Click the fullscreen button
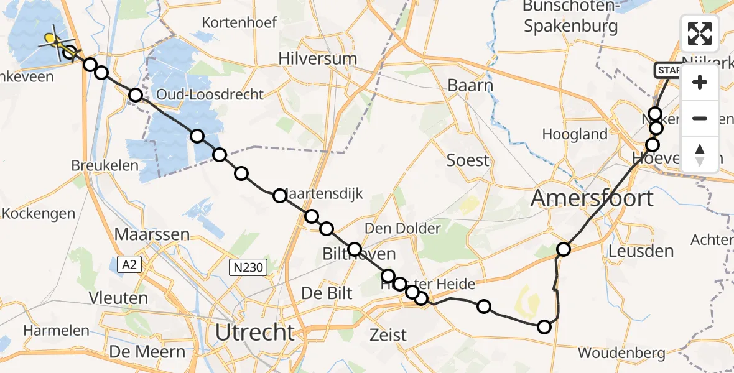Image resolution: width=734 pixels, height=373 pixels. (x=700, y=34)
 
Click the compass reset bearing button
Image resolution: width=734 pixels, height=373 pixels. (x=700, y=155)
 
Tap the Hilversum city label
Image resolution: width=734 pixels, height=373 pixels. (x=318, y=59)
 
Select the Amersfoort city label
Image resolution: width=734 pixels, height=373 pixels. (x=592, y=198)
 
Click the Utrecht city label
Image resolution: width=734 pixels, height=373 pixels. (x=254, y=333)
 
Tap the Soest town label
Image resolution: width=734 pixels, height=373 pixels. (x=468, y=160)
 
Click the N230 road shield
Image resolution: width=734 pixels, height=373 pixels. (x=248, y=268)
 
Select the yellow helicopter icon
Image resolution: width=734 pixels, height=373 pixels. (x=54, y=42)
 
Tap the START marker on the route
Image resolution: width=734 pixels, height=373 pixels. (x=667, y=70)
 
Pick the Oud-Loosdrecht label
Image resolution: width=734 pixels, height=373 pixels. (x=210, y=94)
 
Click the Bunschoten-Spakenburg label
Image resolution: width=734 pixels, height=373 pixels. (x=570, y=17)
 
